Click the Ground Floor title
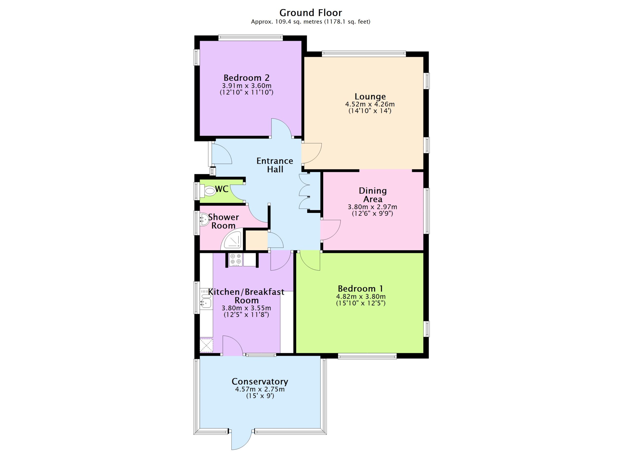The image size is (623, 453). [x=311, y=13]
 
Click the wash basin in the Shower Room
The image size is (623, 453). [x=204, y=219]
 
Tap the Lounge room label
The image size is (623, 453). [x=370, y=96]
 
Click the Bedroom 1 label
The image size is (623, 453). [x=360, y=289]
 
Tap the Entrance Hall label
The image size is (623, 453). [x=275, y=165]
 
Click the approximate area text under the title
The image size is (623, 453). [x=311, y=22]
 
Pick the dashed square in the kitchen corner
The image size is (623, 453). [x=206, y=345]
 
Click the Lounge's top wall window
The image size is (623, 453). [x=364, y=54]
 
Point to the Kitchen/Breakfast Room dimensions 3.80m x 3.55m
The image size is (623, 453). [x=246, y=308]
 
